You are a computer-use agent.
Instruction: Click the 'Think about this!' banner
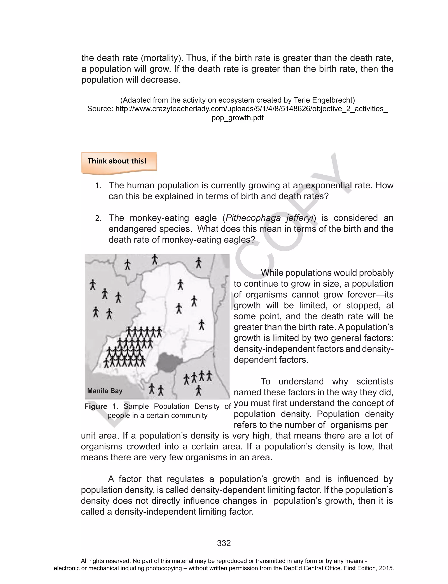click(x=117, y=161)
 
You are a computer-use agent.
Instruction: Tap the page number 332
click(x=224, y=543)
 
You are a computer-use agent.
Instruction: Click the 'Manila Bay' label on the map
click(x=105, y=391)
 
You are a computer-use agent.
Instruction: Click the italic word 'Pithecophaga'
click(x=253, y=218)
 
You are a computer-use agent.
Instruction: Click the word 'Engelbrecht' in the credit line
click(x=324, y=100)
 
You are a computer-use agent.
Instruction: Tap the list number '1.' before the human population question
click(x=98, y=186)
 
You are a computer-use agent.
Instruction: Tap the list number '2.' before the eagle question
click(x=98, y=219)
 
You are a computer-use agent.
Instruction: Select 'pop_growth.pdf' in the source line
click(x=237, y=118)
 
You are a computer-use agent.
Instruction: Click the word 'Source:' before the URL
click(x=100, y=109)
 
